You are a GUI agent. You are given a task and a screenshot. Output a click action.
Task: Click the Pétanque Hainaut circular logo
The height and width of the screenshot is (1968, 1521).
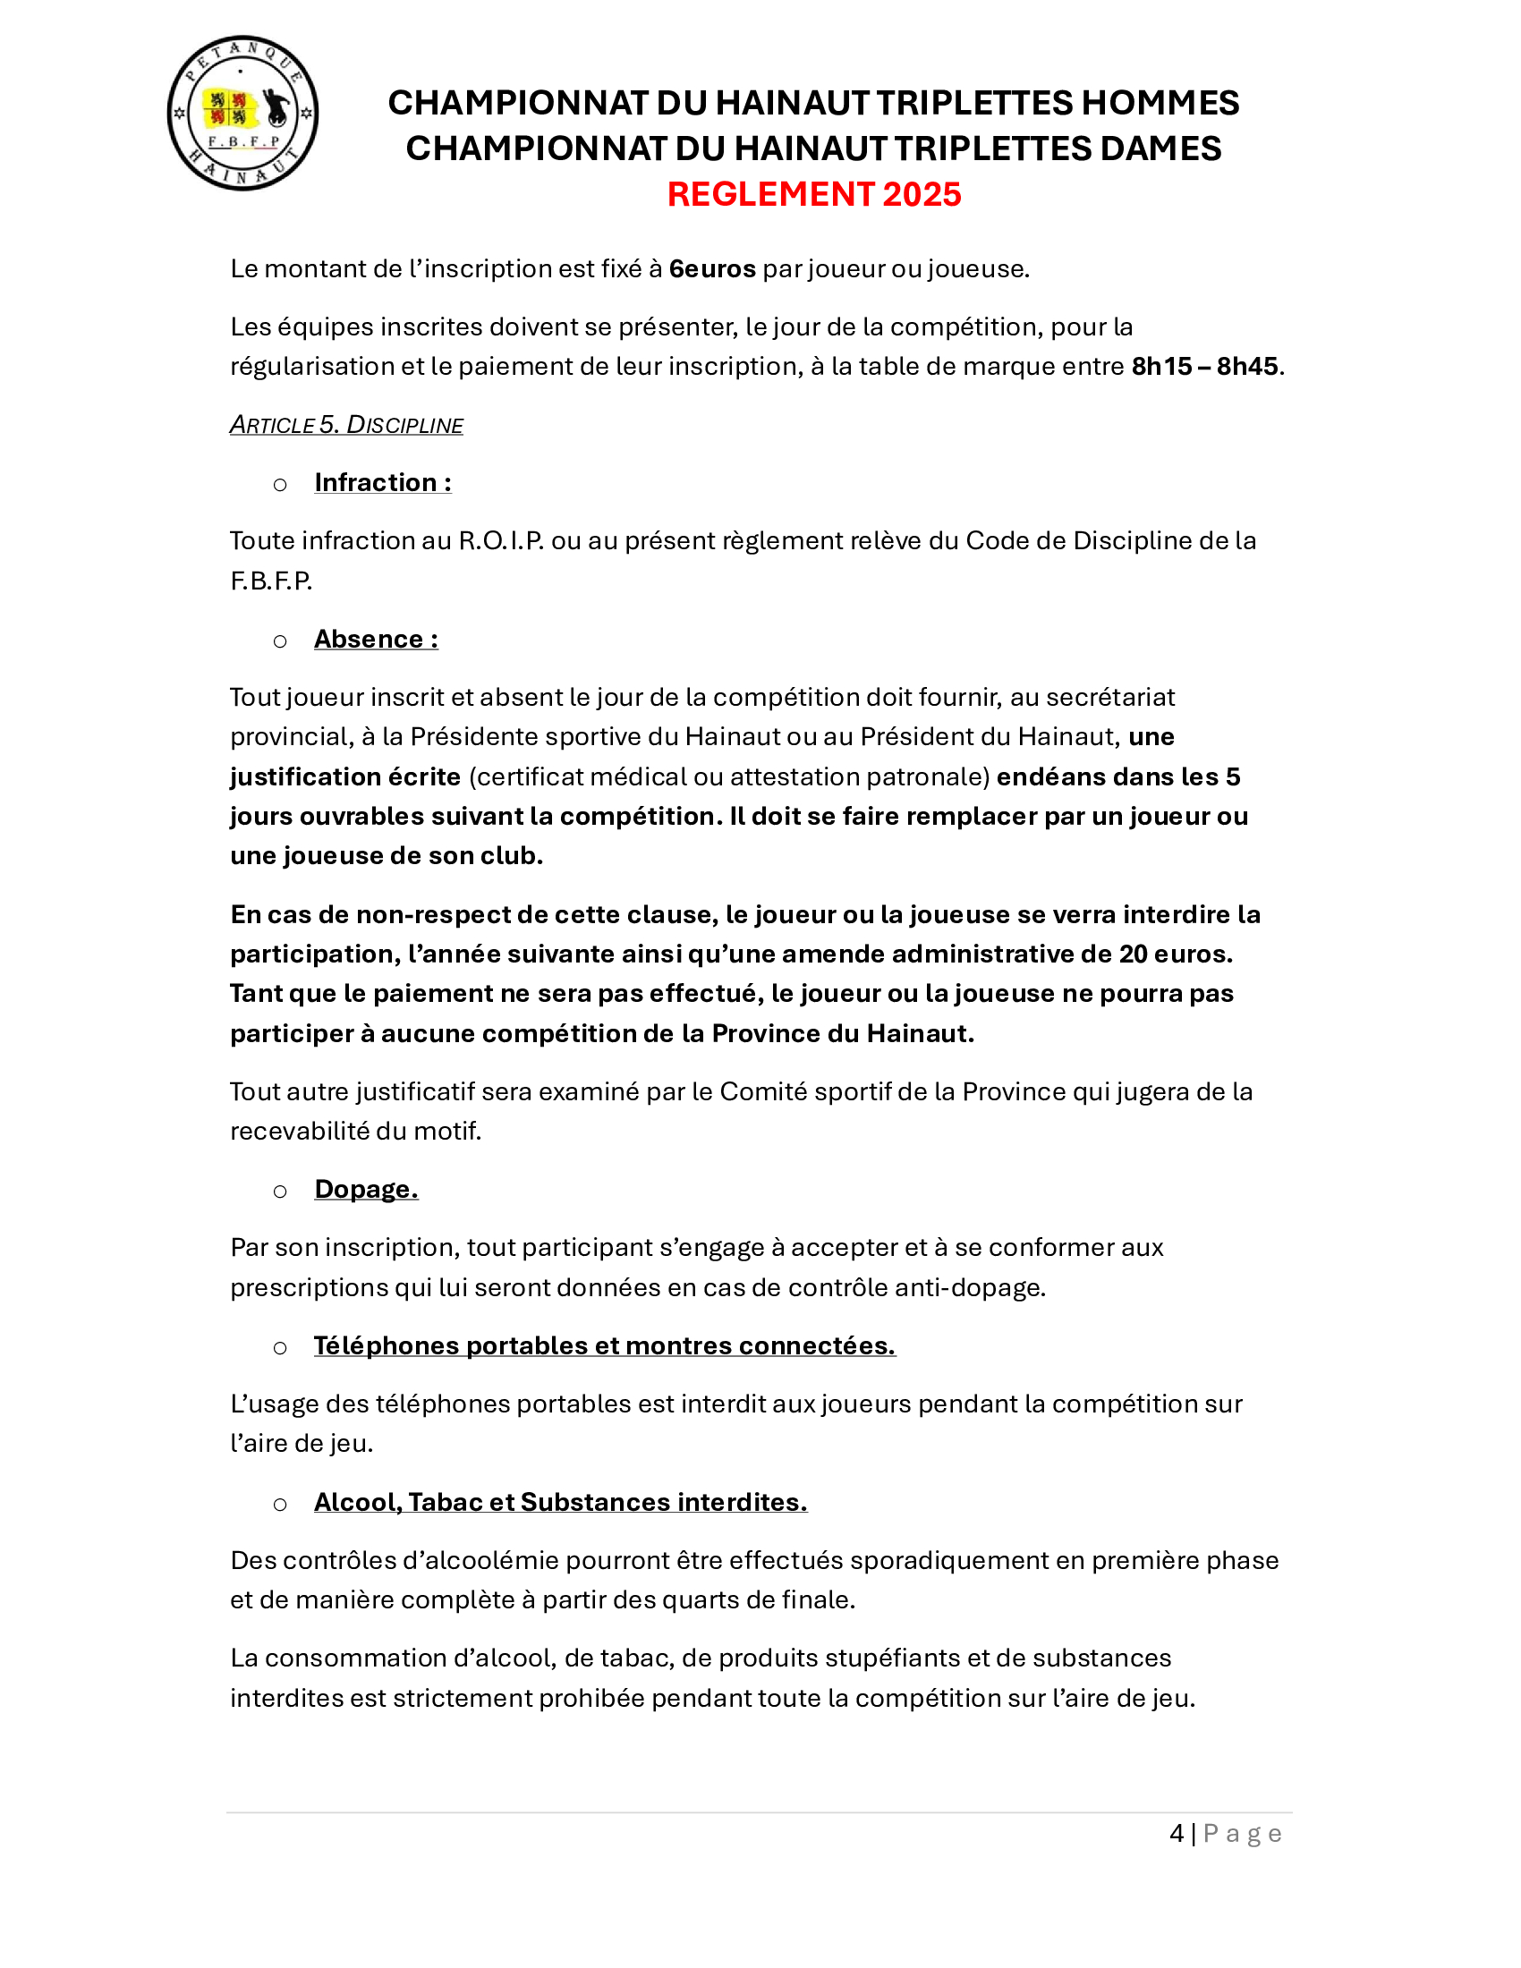point(242,114)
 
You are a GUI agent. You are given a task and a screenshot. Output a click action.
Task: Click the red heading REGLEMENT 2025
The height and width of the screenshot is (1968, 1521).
point(813,195)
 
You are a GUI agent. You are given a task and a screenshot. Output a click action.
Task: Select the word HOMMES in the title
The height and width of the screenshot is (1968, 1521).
point(1160,104)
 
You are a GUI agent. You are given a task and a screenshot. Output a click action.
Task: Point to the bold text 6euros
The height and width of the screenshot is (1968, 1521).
point(712,269)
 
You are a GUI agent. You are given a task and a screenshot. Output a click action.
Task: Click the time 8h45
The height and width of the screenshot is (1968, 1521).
point(1247,367)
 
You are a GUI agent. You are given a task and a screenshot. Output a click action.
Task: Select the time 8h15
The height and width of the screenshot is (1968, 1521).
point(1161,367)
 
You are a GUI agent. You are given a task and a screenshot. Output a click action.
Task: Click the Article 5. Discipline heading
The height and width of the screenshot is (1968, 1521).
point(346,424)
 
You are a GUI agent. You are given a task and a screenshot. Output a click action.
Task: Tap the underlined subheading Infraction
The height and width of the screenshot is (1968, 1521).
point(382,483)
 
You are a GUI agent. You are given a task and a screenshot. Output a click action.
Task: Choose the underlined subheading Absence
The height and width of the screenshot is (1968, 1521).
point(376,640)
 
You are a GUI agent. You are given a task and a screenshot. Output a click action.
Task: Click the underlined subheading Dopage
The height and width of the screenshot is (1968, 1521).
point(366,1190)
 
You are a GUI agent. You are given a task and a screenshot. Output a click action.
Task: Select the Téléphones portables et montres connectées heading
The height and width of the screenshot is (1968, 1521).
point(604,1346)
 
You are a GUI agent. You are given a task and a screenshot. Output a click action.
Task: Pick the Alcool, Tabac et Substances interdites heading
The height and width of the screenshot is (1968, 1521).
point(559,1503)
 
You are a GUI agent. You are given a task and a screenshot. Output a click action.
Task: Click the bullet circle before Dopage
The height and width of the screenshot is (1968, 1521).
point(280,1192)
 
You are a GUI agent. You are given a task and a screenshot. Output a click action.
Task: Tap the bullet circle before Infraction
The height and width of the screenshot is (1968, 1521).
point(280,485)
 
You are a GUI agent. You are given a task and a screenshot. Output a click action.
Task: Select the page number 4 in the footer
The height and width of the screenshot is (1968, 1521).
point(1176,1834)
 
